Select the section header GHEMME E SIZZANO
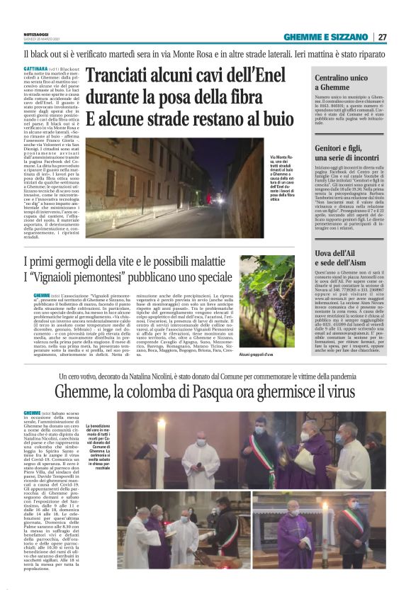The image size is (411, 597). coord(329,36)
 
